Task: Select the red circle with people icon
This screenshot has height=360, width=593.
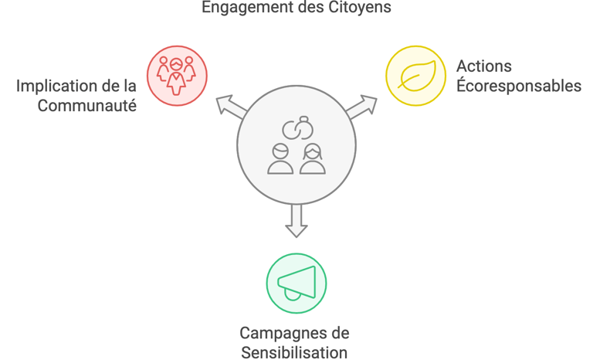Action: pos(177,75)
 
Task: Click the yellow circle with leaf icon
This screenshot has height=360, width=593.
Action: pos(416,75)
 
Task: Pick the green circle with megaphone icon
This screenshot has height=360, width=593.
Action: pos(296,283)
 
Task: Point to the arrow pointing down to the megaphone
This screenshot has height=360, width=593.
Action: pos(296,219)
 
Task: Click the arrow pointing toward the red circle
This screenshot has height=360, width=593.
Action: pos(230,107)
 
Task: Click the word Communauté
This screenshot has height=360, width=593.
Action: pos(87,105)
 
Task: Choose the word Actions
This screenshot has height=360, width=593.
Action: pos(484,66)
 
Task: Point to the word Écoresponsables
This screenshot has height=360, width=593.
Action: pos(518,86)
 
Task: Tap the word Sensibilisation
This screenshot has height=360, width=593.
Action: pos(294,353)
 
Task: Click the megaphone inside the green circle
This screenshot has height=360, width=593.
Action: pos(297,283)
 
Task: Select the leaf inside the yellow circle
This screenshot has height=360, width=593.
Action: pos(417,75)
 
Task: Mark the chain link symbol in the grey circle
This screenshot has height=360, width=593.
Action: pos(296,128)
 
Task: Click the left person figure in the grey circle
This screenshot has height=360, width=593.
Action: pos(280,158)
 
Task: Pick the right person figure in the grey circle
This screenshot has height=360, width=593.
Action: pos(312,158)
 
